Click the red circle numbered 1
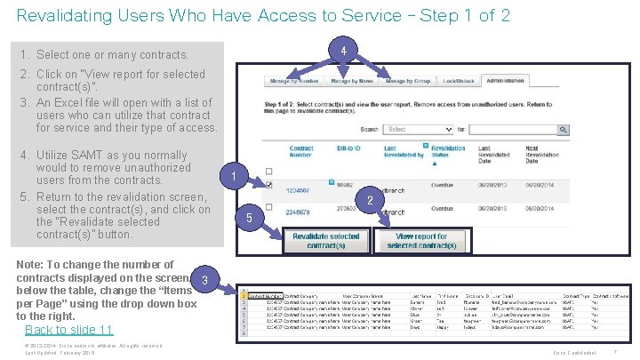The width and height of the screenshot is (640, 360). click(232, 178)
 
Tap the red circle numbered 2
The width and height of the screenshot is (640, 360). click(369, 201)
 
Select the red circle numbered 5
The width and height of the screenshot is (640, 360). click(249, 219)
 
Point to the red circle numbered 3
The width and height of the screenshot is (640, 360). click(204, 281)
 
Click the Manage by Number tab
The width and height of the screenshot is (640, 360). click(295, 82)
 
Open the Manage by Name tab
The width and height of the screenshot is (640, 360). click(352, 82)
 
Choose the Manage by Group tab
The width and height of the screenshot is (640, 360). click(408, 82)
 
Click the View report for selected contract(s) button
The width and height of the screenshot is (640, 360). click(418, 241)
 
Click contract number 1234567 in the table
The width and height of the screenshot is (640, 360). click(298, 188)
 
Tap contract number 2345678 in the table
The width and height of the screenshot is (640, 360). click(298, 212)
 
